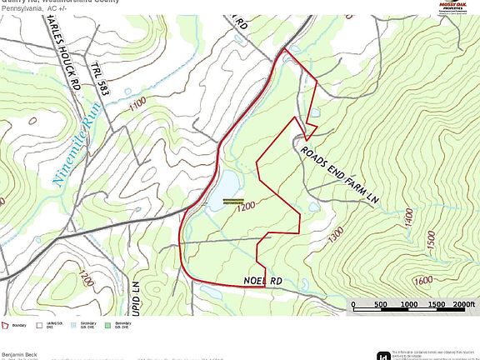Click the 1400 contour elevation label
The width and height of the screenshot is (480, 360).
tap(406, 219)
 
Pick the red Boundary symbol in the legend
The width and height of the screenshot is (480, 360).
tap(6, 325)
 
